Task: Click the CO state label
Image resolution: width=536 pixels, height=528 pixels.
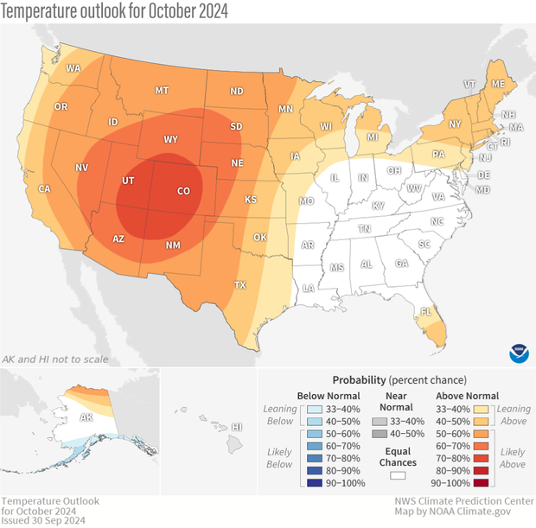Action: [x=183, y=191]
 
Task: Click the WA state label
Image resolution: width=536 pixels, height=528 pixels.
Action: [x=73, y=68]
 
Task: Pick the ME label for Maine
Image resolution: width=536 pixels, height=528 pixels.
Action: [x=498, y=84]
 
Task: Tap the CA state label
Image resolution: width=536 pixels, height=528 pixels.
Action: [x=43, y=189]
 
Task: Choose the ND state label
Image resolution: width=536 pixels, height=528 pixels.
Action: [x=236, y=92]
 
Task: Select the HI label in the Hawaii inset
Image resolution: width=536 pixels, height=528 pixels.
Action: [x=237, y=427]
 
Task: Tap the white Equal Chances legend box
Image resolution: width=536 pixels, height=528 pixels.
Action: [x=399, y=474]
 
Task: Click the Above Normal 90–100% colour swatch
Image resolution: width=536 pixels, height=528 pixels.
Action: [x=482, y=483]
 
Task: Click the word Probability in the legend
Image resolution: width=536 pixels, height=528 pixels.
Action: [x=359, y=380]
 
